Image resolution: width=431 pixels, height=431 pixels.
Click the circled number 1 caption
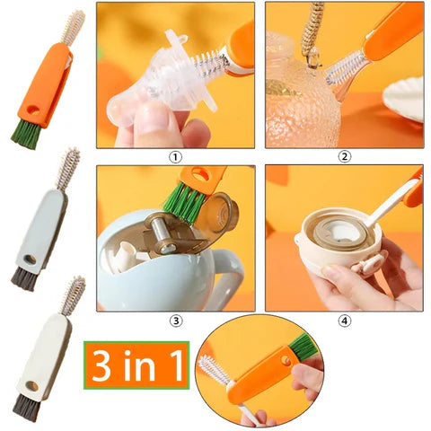(176, 155)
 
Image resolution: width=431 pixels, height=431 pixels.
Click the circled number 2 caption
(344, 155)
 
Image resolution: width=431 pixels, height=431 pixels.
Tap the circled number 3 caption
(176, 319)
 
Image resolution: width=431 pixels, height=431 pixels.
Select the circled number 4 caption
(344, 319)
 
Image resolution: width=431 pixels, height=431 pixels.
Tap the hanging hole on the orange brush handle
(36, 110)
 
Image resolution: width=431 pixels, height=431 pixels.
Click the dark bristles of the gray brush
(23, 277)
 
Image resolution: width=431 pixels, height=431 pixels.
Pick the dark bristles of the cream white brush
(26, 409)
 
